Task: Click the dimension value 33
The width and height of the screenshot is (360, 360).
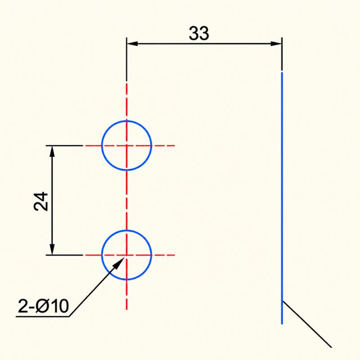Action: tap(199, 33)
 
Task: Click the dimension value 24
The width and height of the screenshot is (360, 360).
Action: tap(40, 201)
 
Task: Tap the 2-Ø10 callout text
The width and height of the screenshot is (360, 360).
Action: tap(43, 306)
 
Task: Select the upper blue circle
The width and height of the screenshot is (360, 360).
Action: tap(102, 145)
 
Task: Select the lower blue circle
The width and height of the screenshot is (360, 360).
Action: tap(102, 255)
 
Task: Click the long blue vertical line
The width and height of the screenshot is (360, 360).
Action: tap(282, 198)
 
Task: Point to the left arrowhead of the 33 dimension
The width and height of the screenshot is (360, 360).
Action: tap(132, 43)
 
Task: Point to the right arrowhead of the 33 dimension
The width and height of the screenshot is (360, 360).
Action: tap(276, 43)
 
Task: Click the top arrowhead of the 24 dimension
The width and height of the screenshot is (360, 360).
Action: tap(52, 151)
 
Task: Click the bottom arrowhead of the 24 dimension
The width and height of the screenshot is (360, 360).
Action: tap(52, 249)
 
